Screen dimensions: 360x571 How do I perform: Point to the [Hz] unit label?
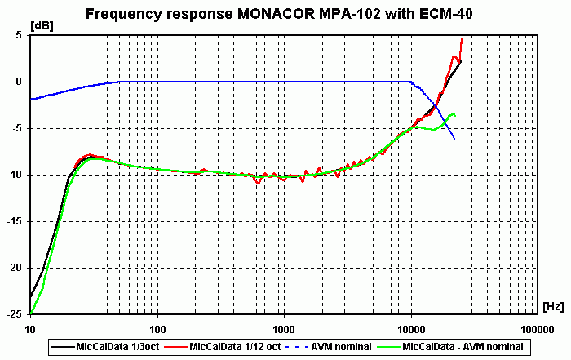[552, 305]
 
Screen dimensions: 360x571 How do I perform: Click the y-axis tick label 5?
[19, 35]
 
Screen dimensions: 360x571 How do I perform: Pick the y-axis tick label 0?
[19, 82]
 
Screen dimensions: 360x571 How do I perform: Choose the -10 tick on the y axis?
[15, 175]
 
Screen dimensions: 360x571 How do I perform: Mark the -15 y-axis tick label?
[15, 221]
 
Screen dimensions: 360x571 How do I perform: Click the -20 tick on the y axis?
[15, 268]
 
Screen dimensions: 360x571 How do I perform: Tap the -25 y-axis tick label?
[15, 314]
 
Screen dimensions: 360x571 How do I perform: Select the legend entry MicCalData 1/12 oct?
[233, 347]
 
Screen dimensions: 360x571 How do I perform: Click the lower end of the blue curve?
[454, 140]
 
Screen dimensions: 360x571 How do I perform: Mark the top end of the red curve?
[463, 38]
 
